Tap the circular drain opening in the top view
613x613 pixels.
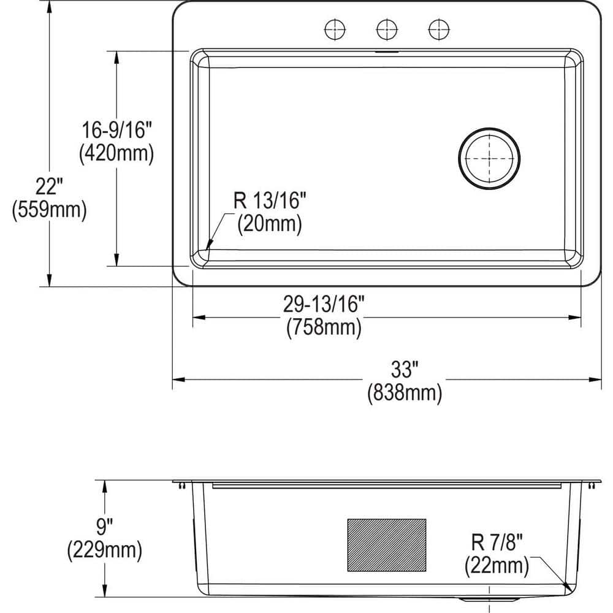tap(489, 158)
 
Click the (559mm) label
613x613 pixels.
tap(49, 210)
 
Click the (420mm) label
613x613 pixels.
tap(116, 153)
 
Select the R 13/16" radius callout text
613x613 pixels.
tap(269, 200)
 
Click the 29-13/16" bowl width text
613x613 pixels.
tap(324, 303)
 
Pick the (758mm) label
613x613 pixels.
tap(324, 327)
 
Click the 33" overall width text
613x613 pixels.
tap(405, 370)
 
